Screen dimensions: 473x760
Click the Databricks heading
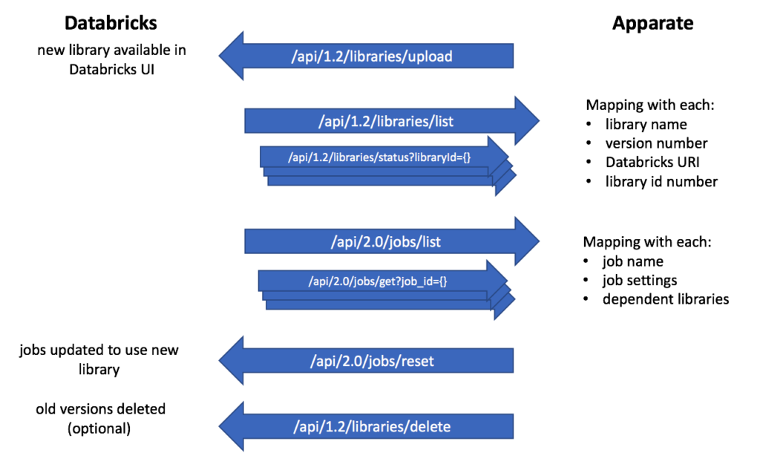[111, 23]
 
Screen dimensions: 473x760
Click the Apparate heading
[652, 23]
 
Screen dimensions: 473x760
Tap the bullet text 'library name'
[646, 124]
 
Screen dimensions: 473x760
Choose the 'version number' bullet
[656, 143]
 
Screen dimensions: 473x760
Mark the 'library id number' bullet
[661, 181]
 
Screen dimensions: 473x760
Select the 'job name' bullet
[632, 261]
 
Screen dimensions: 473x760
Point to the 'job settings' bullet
[639, 281]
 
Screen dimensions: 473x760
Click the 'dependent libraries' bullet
[665, 299]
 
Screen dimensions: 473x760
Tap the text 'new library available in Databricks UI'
[111, 59]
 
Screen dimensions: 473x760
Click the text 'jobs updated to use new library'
[99, 359]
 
